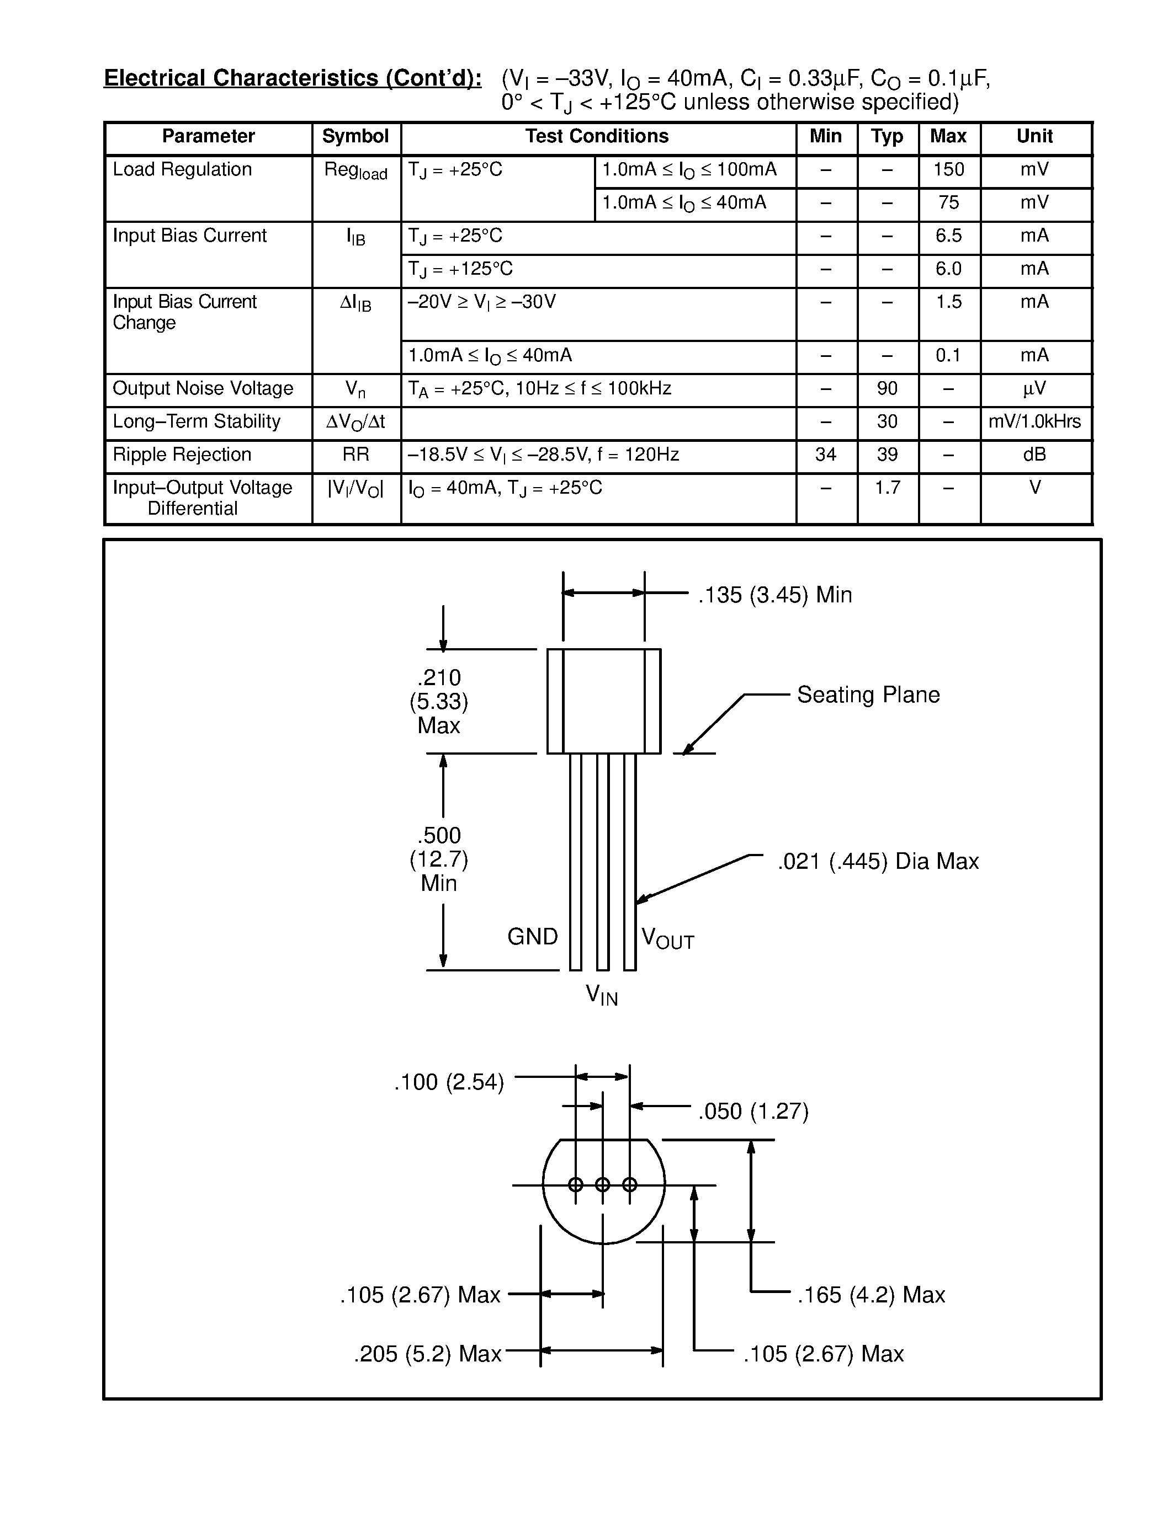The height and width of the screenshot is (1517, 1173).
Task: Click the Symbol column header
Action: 355,136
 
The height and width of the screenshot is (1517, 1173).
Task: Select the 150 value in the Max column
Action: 948,169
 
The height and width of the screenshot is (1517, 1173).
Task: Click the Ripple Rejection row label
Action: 182,455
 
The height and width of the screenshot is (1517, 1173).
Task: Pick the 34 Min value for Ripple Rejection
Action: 826,455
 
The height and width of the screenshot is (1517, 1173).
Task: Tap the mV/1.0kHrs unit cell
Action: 1034,421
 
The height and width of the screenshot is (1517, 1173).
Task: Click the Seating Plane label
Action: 868,695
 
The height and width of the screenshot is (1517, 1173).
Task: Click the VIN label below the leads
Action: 602,995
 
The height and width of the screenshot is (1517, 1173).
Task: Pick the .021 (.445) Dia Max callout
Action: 878,861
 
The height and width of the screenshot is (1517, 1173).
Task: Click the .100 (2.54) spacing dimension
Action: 449,1082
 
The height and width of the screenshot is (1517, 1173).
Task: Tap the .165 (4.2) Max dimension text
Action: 872,1295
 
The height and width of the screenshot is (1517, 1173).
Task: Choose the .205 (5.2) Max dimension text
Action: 427,1354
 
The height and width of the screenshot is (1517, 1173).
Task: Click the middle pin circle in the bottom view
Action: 602,1184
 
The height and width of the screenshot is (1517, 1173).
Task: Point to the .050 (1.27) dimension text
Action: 753,1112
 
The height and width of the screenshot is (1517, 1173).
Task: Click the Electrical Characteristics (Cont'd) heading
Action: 293,78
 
